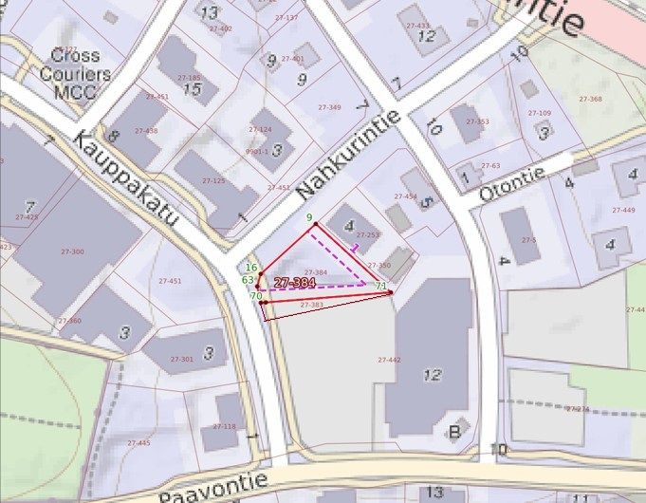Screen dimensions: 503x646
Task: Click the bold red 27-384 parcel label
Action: pos(295,283)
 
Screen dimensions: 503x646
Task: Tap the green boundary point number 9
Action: pos(309,218)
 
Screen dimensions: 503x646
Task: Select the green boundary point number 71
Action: pos(380,286)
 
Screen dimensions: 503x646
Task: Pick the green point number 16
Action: pos(251,269)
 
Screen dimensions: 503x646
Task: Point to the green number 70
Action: pos(256,296)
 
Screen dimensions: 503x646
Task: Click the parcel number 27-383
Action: pos(311,305)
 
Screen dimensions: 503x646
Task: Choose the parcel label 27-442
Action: pos(389,360)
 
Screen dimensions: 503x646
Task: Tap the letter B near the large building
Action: pos(454,434)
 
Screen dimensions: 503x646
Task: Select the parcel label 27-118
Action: pos(225,426)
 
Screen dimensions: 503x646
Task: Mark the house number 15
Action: pos(194,89)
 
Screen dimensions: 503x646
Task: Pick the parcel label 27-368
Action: pos(589,100)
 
